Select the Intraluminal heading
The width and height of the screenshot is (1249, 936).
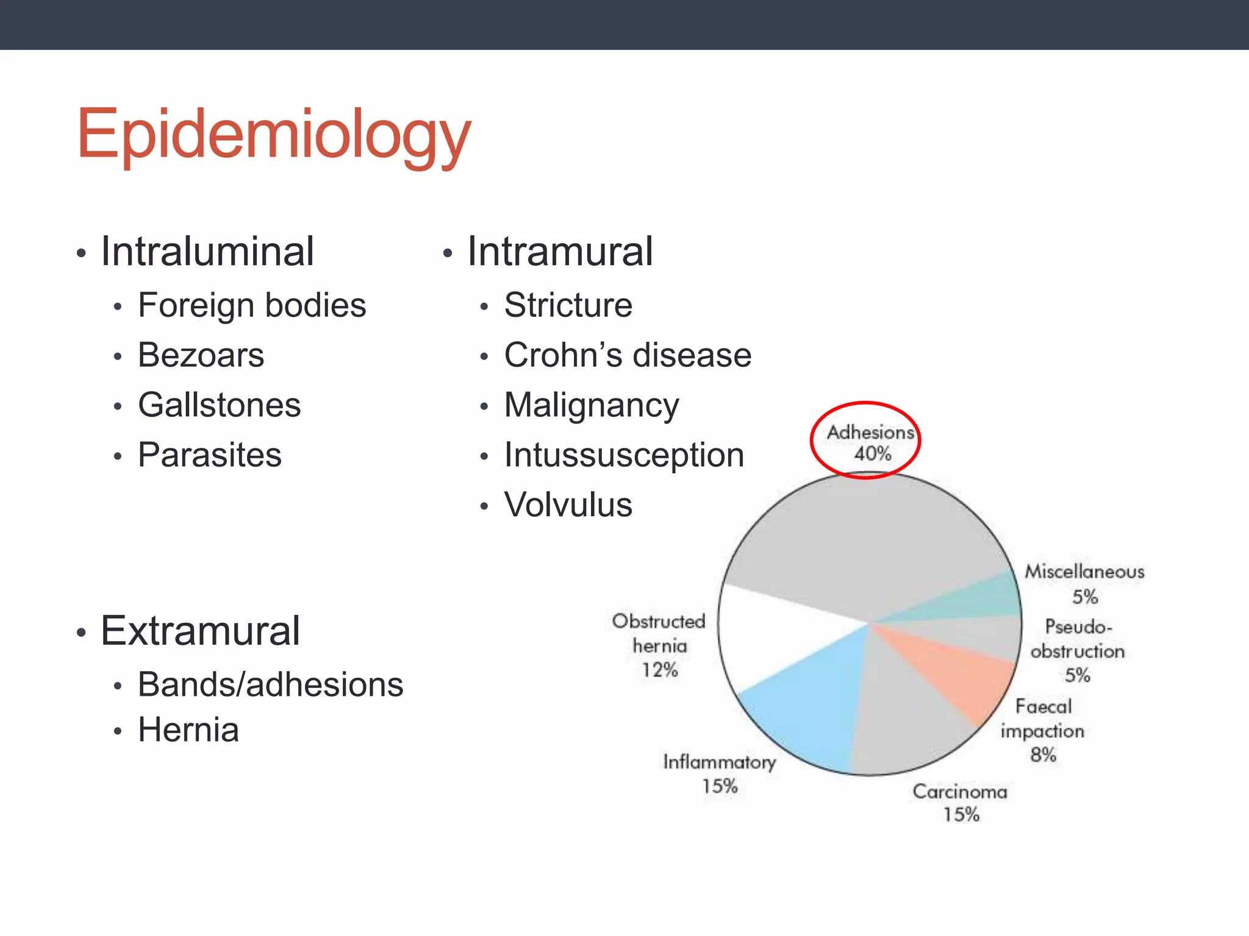207,251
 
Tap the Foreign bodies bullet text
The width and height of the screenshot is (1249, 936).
252,305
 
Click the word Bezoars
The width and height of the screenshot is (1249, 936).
201,355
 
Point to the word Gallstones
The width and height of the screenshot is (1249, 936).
220,405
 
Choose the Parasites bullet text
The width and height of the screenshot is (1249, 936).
210,455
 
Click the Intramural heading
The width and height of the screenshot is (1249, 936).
560,251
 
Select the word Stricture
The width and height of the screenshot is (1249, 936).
568,305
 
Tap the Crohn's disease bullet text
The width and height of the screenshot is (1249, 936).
628,355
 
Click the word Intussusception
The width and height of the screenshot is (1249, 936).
624,455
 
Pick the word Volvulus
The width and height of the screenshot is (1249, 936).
568,505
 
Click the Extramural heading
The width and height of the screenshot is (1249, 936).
200,630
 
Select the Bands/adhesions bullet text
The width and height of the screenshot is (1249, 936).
271,684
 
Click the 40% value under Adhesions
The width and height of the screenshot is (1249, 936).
872,454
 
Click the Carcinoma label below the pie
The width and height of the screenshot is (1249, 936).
960,792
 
